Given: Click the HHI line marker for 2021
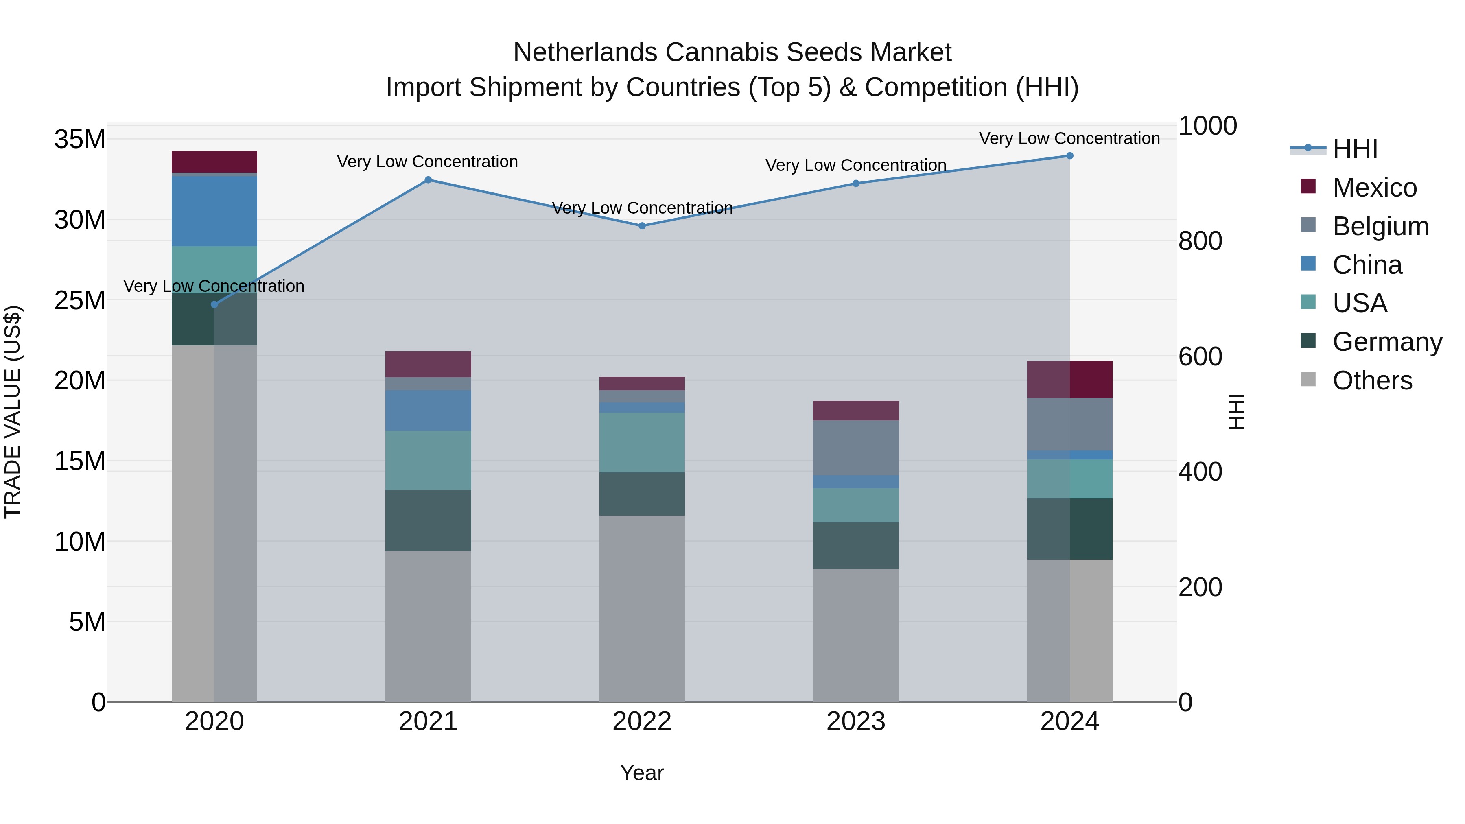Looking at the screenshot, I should [x=428, y=180].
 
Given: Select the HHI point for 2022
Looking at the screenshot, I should [x=642, y=226].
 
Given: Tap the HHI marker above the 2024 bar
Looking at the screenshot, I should [x=1070, y=156].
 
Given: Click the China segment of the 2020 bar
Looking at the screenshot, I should [x=214, y=211].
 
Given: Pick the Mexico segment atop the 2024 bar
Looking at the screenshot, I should [x=1070, y=379].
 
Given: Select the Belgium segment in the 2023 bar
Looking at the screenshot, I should [x=856, y=448].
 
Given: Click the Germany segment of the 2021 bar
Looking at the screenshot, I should [x=428, y=520].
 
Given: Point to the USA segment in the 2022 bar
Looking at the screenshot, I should [x=642, y=442].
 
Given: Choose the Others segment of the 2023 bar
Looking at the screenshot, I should [x=856, y=635].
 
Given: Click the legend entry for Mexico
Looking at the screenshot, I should [x=1374, y=188].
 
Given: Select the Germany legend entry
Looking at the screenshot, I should [x=1386, y=342].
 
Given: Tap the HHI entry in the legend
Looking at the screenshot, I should [x=1355, y=149].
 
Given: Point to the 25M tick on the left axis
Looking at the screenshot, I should [x=80, y=300].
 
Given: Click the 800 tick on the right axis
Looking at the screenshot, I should [x=1200, y=241].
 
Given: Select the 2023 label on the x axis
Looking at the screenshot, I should [x=856, y=721].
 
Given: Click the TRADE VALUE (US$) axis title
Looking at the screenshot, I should [x=13, y=412].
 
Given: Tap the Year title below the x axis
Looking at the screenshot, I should [x=642, y=773].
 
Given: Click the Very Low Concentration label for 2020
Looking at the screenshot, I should [x=214, y=286].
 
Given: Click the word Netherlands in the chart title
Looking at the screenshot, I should [x=585, y=52].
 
